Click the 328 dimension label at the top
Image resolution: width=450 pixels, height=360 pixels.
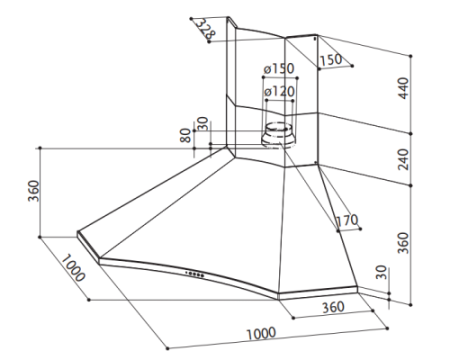tap(205, 28)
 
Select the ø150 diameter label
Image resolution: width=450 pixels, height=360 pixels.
tap(279, 69)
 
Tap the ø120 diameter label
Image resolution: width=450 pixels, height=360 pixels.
tap(279, 91)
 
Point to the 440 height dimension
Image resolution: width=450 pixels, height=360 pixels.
tap(403, 88)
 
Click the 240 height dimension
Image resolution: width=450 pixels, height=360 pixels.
tap(403, 159)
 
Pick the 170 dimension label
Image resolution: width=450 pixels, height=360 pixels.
tap(347, 220)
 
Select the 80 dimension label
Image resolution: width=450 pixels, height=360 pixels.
tap(185, 135)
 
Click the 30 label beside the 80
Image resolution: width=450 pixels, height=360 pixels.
tap(202, 124)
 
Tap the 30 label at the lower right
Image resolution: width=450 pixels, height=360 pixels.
tap(381, 272)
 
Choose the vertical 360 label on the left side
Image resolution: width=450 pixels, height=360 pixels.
tap(34, 191)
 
